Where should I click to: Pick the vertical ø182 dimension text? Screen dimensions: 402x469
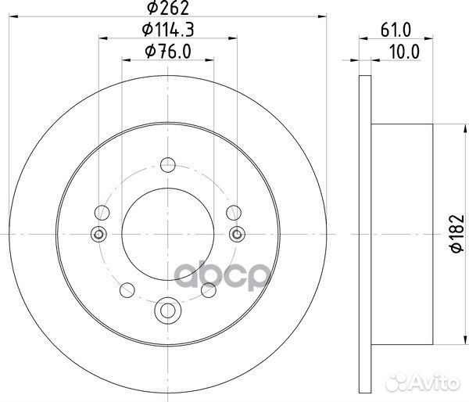click(454, 234)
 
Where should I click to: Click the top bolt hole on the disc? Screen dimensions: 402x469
click(166, 165)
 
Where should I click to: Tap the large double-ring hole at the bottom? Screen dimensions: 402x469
click(166, 310)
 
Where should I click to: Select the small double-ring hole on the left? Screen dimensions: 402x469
click(98, 233)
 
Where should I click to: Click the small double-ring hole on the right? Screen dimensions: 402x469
click(235, 233)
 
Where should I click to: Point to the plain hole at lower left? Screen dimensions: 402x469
click(125, 290)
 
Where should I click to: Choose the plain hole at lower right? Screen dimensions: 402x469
click(208, 290)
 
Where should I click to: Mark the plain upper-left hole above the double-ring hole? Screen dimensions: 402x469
click(102, 212)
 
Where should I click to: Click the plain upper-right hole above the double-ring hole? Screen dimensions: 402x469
click(231, 212)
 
